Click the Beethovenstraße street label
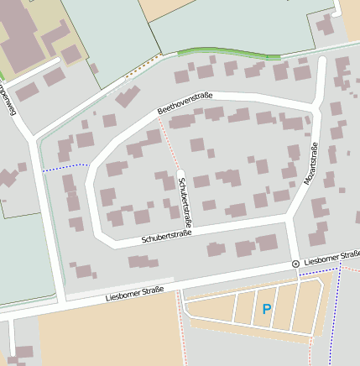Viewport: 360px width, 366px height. click(185, 103)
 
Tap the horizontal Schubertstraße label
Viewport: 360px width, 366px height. click(166, 236)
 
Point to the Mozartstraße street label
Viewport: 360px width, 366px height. click(308, 165)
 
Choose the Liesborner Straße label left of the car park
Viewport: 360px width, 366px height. click(134, 294)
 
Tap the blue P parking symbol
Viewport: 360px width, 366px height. click(267, 310)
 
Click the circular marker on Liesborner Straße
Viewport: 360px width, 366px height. click(295, 264)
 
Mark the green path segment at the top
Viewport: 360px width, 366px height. click(227, 54)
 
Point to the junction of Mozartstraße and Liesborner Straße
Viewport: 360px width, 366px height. click(293, 267)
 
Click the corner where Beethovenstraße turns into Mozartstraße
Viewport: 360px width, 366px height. click(316, 110)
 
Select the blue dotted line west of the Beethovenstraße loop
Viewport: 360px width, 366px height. click(65, 167)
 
